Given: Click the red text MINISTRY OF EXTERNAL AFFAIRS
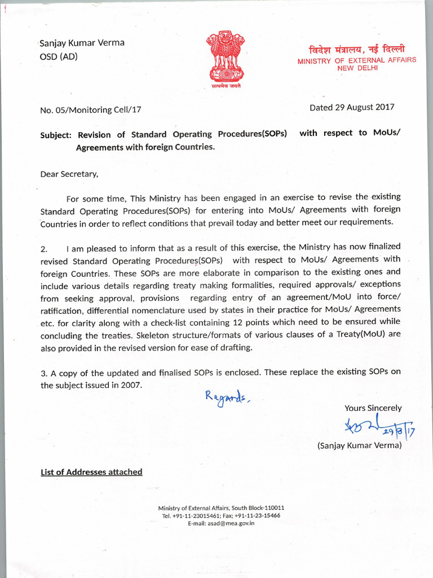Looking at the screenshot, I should pyautogui.click(x=357, y=60).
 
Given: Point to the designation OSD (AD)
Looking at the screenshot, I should pyautogui.click(x=59, y=56).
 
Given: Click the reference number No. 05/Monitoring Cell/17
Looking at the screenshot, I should pyautogui.click(x=91, y=110).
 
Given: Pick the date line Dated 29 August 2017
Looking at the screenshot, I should pyautogui.click(x=352, y=107).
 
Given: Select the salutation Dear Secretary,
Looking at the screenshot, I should pyautogui.click(x=69, y=174).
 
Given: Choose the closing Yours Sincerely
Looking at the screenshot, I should pyautogui.click(x=373, y=408).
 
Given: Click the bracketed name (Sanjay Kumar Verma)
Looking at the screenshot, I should pyautogui.click(x=360, y=445).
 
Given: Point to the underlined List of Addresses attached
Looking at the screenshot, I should pyautogui.click(x=91, y=472).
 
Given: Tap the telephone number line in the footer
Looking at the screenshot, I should pyautogui.click(x=221, y=515).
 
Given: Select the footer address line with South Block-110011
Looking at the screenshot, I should pyautogui.click(x=221, y=507).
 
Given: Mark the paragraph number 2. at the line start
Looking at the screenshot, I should pyautogui.click(x=44, y=249).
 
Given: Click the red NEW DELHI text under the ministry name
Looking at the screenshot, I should pyautogui.click(x=356, y=68).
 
